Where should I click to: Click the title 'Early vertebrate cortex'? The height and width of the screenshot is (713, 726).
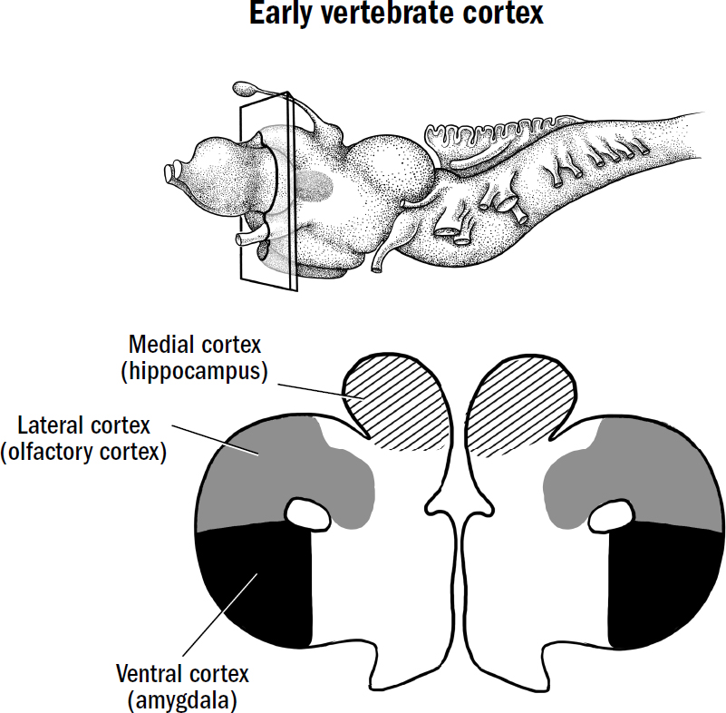363,15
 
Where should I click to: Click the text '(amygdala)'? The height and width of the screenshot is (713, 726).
181,700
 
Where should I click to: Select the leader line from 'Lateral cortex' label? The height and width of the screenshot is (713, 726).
218,439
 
